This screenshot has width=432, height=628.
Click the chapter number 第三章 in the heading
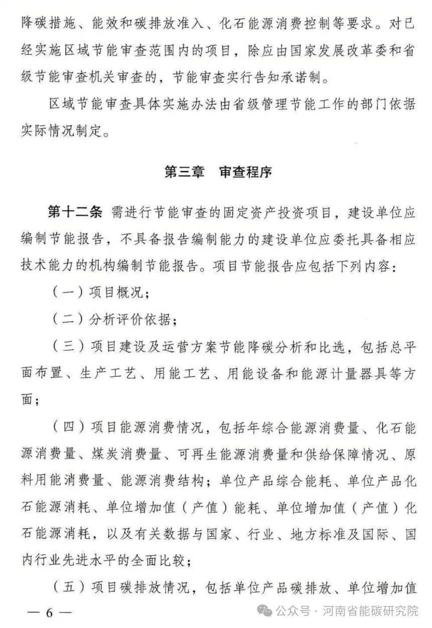tap(185, 172)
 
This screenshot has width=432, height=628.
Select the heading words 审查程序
tap(245, 172)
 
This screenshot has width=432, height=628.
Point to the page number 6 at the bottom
tap(50, 613)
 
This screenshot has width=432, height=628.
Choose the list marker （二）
tap(68, 320)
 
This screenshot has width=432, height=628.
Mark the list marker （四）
tap(68, 427)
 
